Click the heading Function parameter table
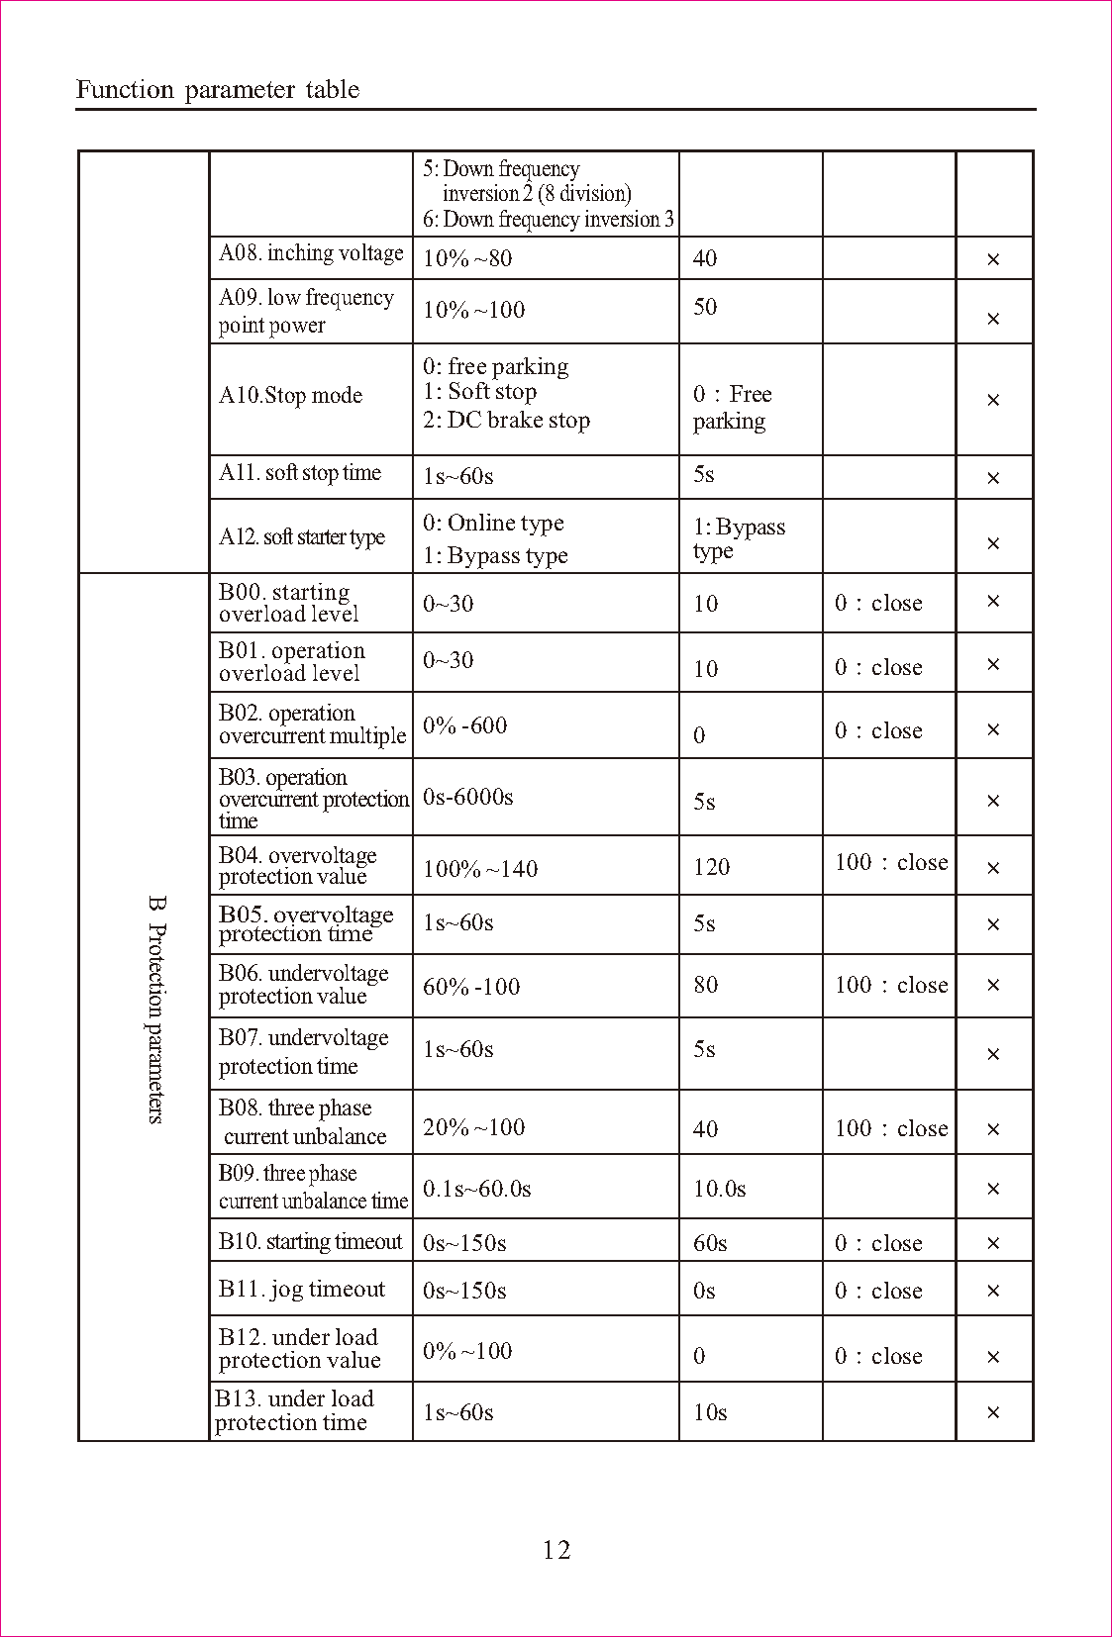[x=218, y=90]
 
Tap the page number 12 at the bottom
[x=556, y=1550]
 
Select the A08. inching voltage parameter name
[x=311, y=253]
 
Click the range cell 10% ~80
[x=467, y=258]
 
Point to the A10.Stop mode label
[x=290, y=396]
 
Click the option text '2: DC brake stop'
[x=507, y=421]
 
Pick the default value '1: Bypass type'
[x=739, y=538]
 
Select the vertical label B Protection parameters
[x=156, y=1010]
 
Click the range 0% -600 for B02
[x=464, y=725]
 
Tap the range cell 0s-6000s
[x=467, y=797]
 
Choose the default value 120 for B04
[x=711, y=868]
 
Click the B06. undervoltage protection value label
[x=303, y=985]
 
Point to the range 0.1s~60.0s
[x=476, y=1189]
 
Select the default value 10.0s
[x=719, y=1189]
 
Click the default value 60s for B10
[x=710, y=1243]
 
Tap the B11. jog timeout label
[x=301, y=1289]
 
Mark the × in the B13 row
[x=993, y=1412]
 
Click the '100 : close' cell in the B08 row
[x=890, y=1128]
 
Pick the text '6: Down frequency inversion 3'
[x=549, y=220]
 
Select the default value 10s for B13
[x=710, y=1412]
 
